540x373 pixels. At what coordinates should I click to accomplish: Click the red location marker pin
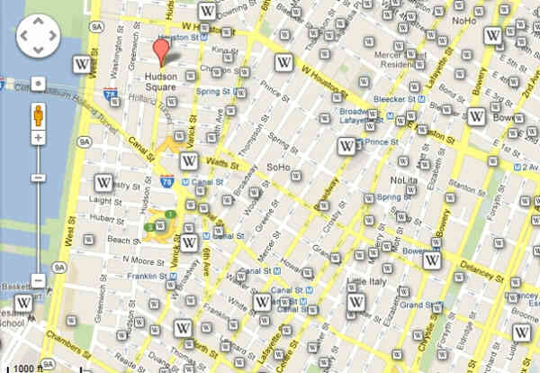tap(161, 52)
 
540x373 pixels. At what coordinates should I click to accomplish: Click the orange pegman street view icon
tap(38, 116)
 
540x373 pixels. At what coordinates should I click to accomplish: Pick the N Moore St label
tap(119, 259)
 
